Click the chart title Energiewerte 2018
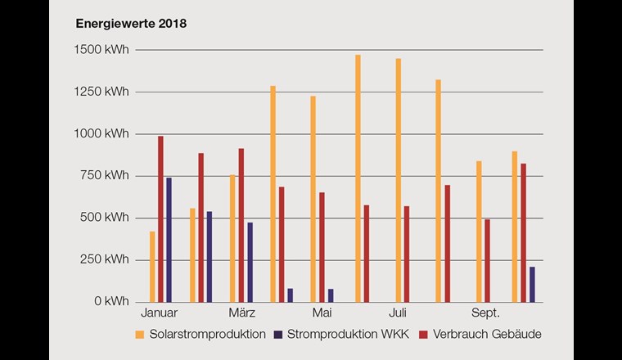point(131,24)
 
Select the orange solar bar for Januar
point(152,267)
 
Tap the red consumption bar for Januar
point(160,218)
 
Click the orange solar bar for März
point(232,238)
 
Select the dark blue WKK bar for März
point(250,262)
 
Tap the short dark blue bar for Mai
point(331,295)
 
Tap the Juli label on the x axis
point(398,313)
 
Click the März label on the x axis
point(241,313)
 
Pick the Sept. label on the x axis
point(484,313)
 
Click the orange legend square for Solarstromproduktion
point(140,334)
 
